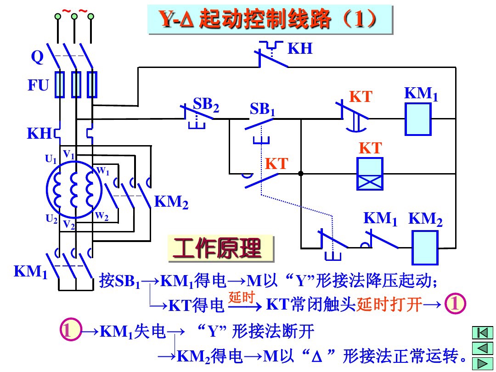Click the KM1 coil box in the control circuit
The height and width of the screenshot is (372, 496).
pos(418,119)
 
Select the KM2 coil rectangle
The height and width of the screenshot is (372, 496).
pos(425,248)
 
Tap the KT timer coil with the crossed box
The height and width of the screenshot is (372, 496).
pos(370,174)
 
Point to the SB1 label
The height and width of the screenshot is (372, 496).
pos(262,109)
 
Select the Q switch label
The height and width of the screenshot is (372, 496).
pos(37,58)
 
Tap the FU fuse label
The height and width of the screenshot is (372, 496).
pos(38,85)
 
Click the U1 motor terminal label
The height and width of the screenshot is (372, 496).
pos(51,159)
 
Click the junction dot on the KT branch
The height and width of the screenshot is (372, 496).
pos(300,174)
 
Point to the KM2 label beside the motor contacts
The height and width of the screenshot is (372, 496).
pos(171,202)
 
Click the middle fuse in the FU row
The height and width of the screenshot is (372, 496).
pos(76,85)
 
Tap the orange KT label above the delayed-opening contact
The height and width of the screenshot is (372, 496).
pos(360,97)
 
